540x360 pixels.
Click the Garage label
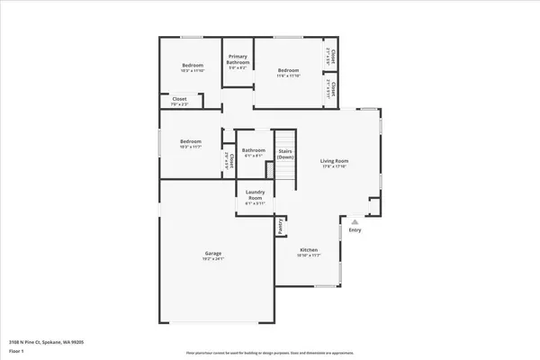coord(213,253)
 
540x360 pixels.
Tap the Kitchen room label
coord(309,249)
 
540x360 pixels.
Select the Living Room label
coord(334,160)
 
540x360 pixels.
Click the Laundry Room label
coord(254,195)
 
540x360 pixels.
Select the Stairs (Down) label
coord(285,154)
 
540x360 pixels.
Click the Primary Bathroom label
coord(238,59)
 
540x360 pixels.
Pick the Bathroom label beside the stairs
coord(253,150)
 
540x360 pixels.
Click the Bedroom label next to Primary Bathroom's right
coord(288,70)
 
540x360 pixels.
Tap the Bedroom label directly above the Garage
coord(190,141)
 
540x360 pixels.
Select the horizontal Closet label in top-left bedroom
coord(179,99)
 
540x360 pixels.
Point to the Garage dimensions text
coord(213,259)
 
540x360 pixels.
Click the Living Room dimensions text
coord(334,166)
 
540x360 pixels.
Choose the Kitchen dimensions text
coord(309,256)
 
